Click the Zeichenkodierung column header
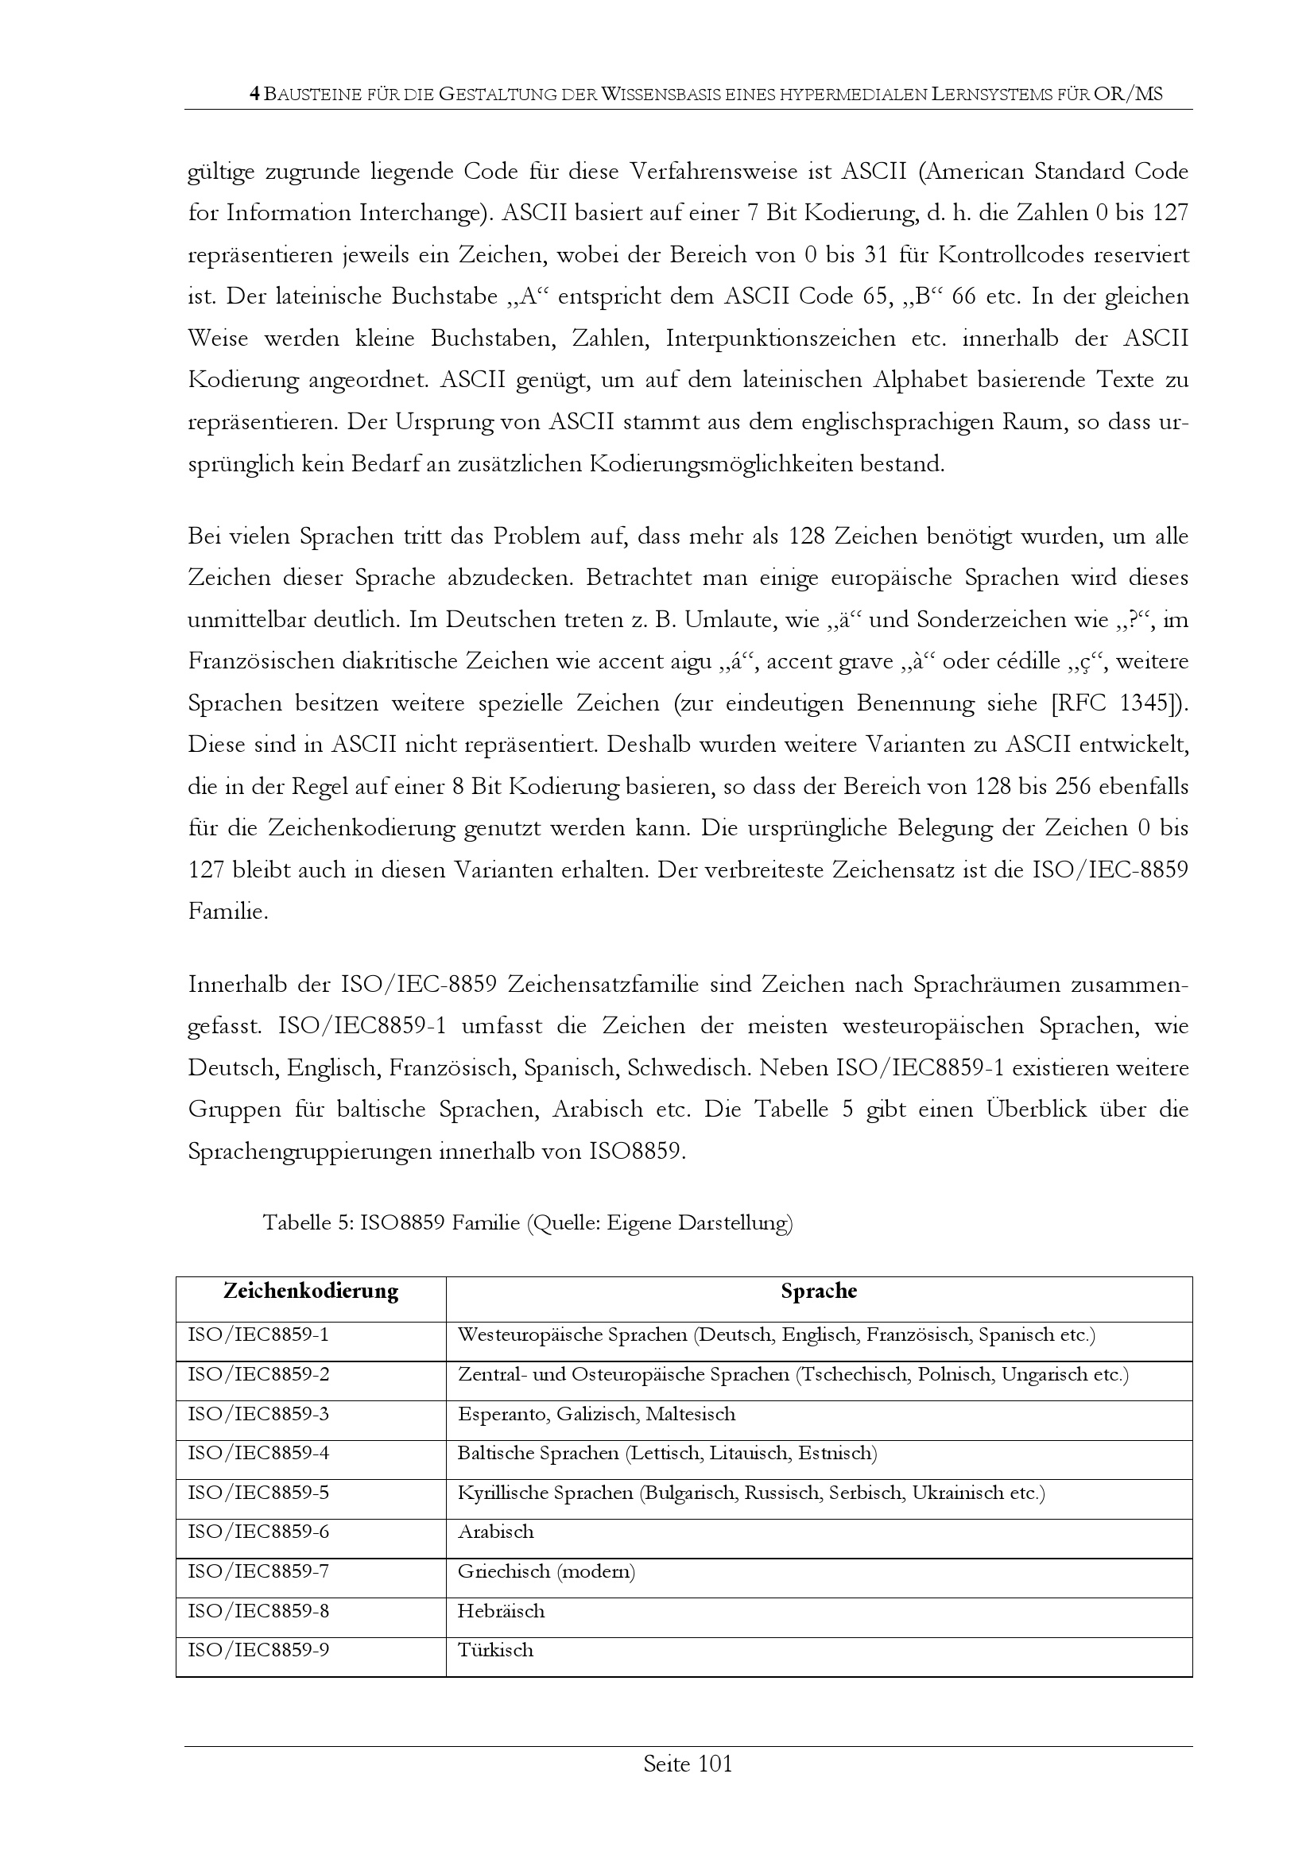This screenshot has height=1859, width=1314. click(311, 1291)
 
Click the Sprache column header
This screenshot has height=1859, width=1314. click(819, 1291)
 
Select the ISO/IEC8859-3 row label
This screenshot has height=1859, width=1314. click(258, 1415)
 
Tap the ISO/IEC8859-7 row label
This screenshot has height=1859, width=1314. click(258, 1571)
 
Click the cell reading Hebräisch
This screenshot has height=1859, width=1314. click(500, 1611)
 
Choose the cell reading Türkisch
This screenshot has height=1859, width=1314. click(494, 1650)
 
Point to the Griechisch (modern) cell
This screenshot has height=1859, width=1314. click(545, 1571)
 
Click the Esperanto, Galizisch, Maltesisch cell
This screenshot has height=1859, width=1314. click(596, 1415)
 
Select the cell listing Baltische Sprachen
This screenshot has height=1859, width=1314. click(666, 1454)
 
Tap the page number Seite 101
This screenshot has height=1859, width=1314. click(688, 1764)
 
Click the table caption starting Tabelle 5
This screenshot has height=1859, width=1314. click(527, 1222)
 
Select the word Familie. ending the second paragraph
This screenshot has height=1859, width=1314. click(227, 912)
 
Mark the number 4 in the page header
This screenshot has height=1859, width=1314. click(255, 94)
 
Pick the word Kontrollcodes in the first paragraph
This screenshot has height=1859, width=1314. click(1008, 255)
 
